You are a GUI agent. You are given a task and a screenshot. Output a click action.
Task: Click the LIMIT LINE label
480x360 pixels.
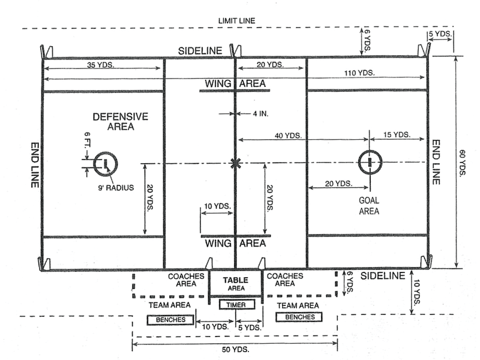236,21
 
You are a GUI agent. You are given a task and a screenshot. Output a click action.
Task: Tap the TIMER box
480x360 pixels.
236,305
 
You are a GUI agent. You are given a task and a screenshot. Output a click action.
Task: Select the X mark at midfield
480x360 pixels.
235,163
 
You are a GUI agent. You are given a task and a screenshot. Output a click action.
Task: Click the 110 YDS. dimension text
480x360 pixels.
359,73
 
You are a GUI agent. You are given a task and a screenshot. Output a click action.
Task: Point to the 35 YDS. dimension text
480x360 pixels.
100,65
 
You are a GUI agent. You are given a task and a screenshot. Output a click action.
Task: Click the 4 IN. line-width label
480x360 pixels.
260,113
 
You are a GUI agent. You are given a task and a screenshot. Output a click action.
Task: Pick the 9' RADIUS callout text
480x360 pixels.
116,188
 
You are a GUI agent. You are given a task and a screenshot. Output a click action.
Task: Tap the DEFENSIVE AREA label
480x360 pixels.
121,122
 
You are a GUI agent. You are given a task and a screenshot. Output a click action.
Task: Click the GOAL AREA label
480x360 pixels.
369,206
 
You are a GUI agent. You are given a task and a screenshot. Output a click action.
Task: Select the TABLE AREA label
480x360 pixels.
236,284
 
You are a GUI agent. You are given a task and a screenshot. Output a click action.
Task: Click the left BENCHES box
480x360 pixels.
170,320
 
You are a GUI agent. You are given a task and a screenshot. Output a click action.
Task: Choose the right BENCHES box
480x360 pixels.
299,317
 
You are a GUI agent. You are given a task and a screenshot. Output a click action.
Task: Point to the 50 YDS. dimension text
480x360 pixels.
235,349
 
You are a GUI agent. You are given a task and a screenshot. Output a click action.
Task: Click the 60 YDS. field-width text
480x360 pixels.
463,163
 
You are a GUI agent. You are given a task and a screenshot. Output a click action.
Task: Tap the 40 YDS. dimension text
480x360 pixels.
288,136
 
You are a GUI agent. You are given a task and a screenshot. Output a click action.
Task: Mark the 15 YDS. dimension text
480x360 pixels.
397,134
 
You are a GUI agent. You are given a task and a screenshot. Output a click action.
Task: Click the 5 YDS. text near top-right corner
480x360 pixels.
440,34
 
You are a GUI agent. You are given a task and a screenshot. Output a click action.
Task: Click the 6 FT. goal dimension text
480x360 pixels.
87,139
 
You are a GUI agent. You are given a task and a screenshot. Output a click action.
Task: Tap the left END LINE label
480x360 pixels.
35,165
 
